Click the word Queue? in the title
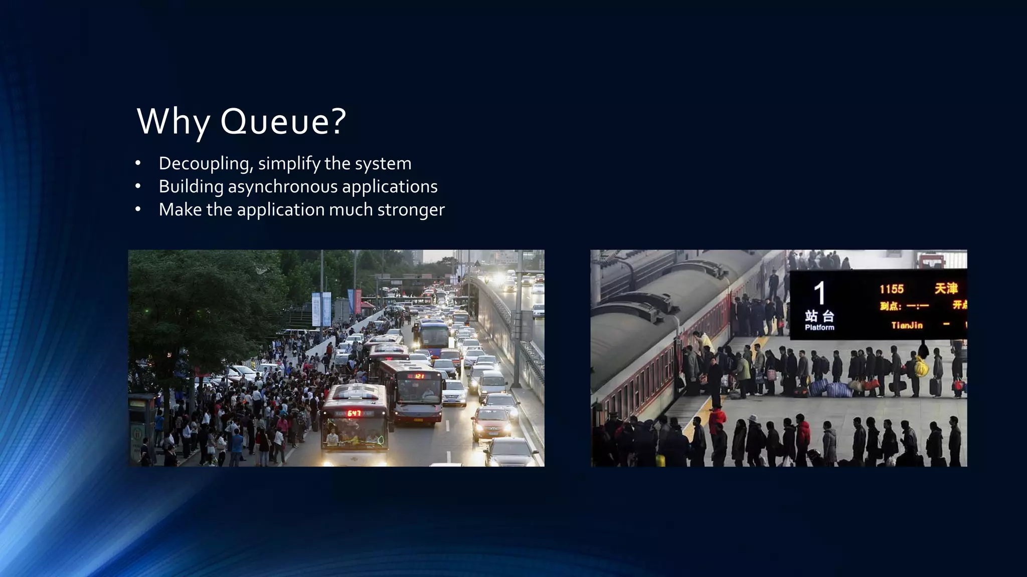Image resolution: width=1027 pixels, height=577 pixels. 283,121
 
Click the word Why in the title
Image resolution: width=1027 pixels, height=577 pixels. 173,121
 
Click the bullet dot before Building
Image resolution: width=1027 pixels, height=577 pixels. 138,187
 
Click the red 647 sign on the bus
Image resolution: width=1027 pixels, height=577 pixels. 354,413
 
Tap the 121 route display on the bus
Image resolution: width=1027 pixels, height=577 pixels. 419,376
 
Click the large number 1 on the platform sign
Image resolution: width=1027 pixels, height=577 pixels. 819,294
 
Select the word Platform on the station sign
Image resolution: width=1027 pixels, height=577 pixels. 819,328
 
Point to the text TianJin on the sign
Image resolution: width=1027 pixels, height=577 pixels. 907,326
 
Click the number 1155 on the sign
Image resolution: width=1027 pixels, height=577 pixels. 891,289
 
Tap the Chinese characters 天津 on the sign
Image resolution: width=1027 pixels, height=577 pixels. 946,288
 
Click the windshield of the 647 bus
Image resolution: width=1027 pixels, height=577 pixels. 354,432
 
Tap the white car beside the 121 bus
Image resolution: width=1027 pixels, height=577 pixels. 454,392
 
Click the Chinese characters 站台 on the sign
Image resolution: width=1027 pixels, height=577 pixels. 819,316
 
